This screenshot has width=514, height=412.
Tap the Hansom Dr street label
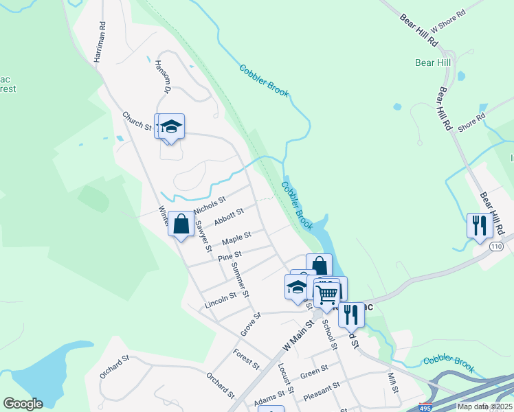162,76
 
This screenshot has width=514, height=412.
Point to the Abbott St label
229,217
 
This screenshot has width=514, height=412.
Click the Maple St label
236,240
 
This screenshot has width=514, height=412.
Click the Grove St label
251,325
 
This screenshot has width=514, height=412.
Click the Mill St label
393,382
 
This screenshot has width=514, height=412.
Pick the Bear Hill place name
433,62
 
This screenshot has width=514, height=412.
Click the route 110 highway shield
497,246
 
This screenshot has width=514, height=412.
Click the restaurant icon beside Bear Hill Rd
478,225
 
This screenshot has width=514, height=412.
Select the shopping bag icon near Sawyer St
181,224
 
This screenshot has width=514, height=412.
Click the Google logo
23,404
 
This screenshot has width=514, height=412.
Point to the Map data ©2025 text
484,407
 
